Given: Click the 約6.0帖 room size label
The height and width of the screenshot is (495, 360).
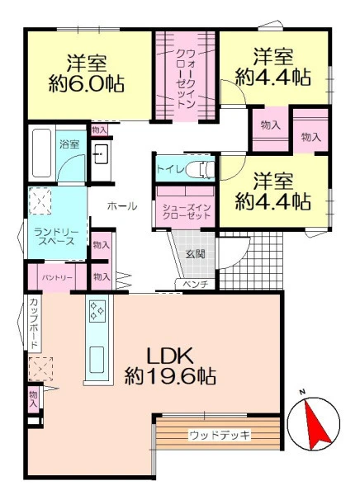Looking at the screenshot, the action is pos(87,83).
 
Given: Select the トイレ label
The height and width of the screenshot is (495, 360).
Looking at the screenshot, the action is pos(171,169).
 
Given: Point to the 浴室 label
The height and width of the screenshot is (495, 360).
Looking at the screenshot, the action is pos(69,144).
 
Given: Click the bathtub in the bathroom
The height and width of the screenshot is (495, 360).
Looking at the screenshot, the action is pos(42,153).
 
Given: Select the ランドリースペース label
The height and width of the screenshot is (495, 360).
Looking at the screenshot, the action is pos(56,237).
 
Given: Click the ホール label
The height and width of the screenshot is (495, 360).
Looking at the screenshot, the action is pos(122,206).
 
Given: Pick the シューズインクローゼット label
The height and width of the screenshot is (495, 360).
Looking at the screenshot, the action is pos(186,212).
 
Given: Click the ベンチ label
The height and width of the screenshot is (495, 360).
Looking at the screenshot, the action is pos(196,284).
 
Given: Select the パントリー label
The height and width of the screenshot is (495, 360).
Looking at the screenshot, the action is pos(57,278).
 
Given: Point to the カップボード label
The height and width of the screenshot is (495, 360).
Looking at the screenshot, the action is pos(33,323).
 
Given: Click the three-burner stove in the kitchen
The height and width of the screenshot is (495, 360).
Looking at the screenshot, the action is pos(97,311).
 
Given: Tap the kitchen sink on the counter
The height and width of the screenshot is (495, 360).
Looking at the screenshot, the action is pos(97,360).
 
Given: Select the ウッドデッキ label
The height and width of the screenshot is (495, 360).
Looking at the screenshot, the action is pos(220,436).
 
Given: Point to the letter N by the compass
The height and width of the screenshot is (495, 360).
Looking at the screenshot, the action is pos(302,392).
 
